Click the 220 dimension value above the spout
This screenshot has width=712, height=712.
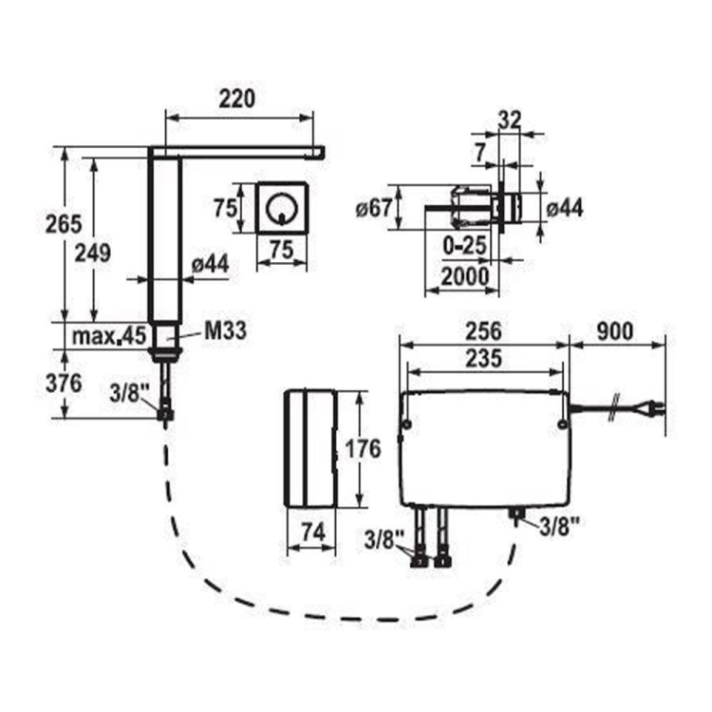click(237, 99)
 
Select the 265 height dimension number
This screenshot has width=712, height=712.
click(64, 224)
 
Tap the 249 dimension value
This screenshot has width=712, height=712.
click(93, 253)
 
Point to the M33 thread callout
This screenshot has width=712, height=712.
click(226, 330)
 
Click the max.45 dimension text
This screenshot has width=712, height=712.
click(109, 336)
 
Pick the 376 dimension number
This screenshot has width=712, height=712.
click(64, 384)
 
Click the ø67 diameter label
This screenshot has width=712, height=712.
click(374, 209)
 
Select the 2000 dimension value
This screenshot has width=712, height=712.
click(465, 276)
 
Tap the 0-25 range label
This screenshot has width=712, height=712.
click(464, 246)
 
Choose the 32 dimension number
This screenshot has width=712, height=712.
click(510, 120)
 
